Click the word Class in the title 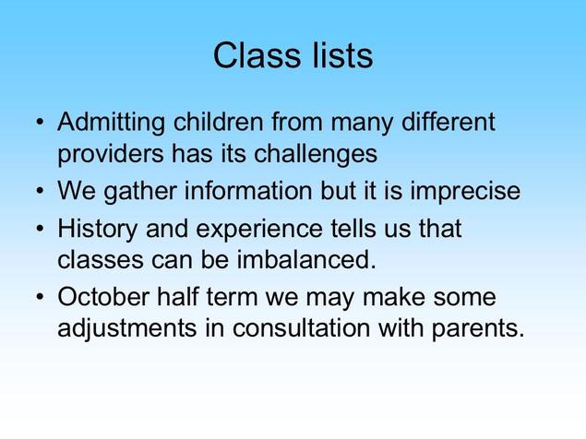[x=257, y=55]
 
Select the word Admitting [x=111, y=123]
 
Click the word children [x=219, y=121]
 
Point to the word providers [x=111, y=154]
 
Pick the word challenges [x=316, y=154]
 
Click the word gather [x=140, y=192]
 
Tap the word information [x=248, y=190]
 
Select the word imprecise [x=465, y=192]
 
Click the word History [x=98, y=230]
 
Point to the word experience [x=259, y=230]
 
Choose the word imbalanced [x=306, y=259]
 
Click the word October [x=103, y=297]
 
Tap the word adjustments [x=127, y=329]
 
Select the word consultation [x=301, y=327]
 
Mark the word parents [x=478, y=329]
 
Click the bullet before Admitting [x=40, y=122]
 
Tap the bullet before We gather [x=40, y=191]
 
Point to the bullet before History [x=40, y=229]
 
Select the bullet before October [x=40, y=297]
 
